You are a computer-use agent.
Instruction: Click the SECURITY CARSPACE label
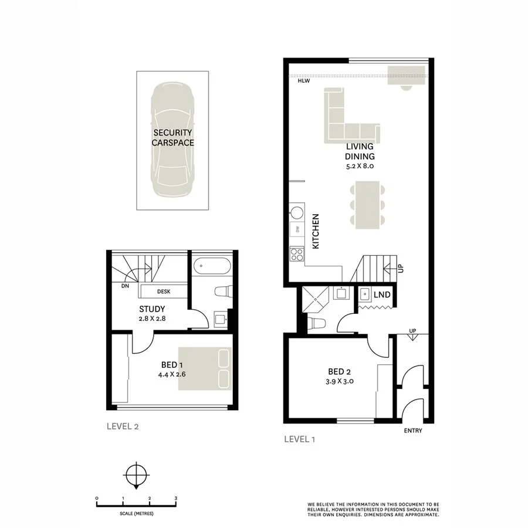click(x=172, y=137)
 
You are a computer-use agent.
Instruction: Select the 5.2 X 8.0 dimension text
click(x=360, y=167)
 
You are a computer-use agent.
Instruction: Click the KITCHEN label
click(x=315, y=231)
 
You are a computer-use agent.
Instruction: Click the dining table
click(x=367, y=204)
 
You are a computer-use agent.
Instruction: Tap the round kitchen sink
click(x=297, y=212)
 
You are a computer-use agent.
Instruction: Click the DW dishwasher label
click(x=297, y=229)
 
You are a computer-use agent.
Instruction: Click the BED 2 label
click(x=340, y=371)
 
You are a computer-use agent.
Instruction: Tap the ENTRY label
click(x=413, y=431)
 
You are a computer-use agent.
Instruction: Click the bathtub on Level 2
click(x=212, y=267)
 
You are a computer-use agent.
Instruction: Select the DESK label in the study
click(x=164, y=291)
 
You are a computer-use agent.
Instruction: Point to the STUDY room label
click(x=152, y=309)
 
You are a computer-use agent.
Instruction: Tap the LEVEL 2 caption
click(x=122, y=427)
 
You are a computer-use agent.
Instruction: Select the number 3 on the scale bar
click(x=176, y=498)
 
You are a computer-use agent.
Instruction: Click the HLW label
click(x=303, y=82)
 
